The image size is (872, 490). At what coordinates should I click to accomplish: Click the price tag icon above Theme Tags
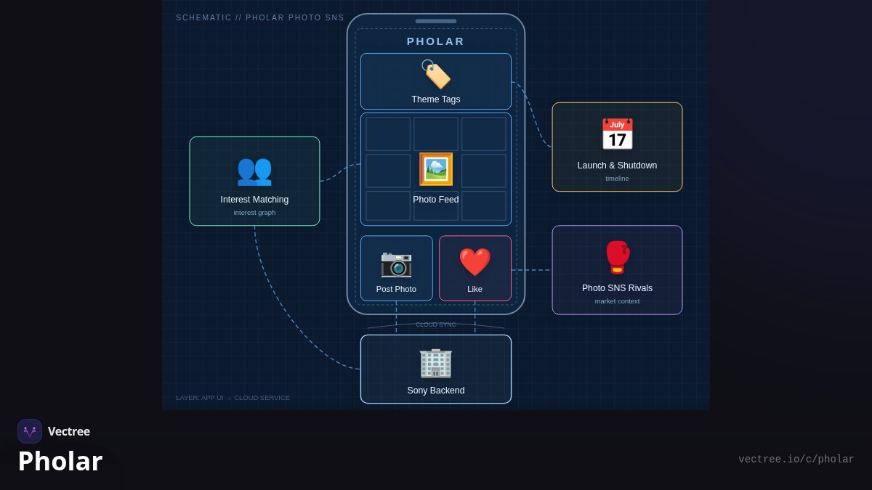[436, 74]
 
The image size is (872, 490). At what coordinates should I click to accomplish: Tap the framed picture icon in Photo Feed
[436, 169]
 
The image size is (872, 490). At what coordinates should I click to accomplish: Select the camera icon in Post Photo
[396, 264]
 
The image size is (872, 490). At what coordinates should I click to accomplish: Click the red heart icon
[475, 262]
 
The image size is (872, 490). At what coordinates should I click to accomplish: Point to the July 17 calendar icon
[618, 134]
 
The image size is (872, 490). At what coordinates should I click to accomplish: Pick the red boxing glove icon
[618, 258]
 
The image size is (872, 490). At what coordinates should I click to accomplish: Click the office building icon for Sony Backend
[435, 364]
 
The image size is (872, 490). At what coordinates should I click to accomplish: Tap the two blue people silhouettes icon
[254, 171]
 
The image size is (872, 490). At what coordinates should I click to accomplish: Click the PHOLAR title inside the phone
[435, 41]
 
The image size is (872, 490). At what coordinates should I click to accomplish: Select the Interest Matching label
[254, 200]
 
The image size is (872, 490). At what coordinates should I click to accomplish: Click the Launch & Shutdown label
[617, 166]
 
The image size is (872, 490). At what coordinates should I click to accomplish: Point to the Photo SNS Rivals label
[617, 288]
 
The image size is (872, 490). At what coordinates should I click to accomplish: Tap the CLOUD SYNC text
[435, 324]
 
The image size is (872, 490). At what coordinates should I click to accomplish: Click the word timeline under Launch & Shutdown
[617, 179]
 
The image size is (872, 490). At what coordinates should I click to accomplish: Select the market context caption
[617, 301]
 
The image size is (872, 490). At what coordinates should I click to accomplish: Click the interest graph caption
[254, 213]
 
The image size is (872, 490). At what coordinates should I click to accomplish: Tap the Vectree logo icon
[30, 431]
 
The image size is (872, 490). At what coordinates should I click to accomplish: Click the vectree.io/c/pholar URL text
[796, 460]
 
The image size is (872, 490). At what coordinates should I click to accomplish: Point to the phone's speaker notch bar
[435, 21]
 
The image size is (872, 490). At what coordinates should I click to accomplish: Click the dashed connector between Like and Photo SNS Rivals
[531, 270]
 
